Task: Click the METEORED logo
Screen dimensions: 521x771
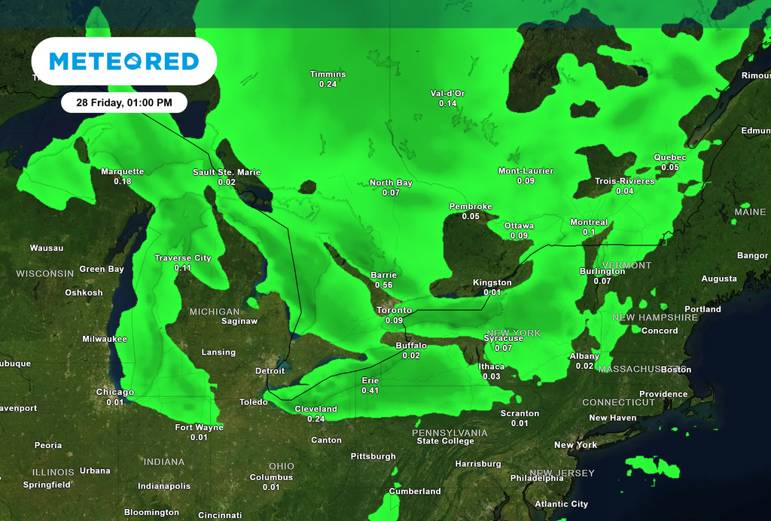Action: pyautogui.click(x=124, y=61)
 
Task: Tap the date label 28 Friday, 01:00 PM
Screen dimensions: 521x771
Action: pyautogui.click(x=124, y=102)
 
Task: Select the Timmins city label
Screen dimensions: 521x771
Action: pyautogui.click(x=328, y=74)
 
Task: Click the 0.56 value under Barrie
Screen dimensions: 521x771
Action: pyautogui.click(x=383, y=285)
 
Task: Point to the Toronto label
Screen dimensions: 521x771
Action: pyautogui.click(x=394, y=310)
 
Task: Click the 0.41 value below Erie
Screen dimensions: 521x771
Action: pyautogui.click(x=370, y=391)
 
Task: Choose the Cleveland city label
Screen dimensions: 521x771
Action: pyautogui.click(x=315, y=409)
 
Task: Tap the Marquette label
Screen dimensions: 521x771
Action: pyautogui.click(x=122, y=172)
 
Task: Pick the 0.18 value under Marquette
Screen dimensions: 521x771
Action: pyautogui.click(x=122, y=181)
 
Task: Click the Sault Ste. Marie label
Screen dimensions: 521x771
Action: pyautogui.click(x=227, y=172)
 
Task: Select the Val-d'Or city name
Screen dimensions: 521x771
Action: pyautogui.click(x=447, y=93)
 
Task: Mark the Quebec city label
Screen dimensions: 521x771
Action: pyautogui.click(x=669, y=157)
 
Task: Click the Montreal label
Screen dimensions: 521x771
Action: pyautogui.click(x=589, y=222)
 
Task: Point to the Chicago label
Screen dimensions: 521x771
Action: pyautogui.click(x=114, y=392)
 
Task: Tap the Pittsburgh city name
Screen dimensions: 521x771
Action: pyautogui.click(x=373, y=456)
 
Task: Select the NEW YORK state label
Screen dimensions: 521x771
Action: pyautogui.click(x=514, y=333)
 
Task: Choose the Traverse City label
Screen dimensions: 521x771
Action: pyautogui.click(x=182, y=258)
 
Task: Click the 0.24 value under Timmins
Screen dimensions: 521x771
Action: pyautogui.click(x=328, y=84)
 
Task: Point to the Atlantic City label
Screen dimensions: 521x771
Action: pyautogui.click(x=561, y=504)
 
